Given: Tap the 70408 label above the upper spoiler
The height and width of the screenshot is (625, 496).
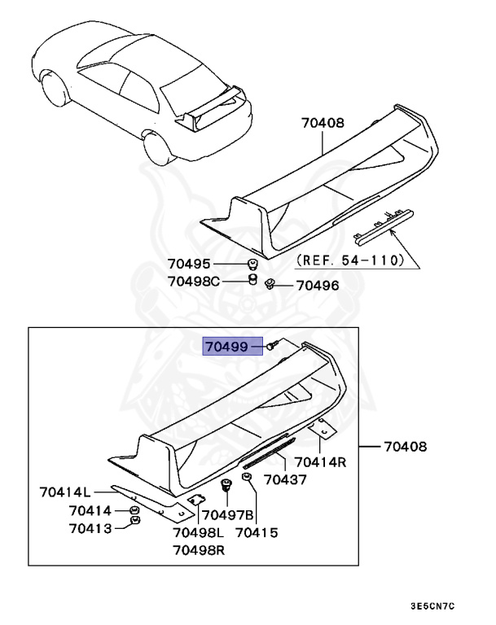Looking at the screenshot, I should [323, 123].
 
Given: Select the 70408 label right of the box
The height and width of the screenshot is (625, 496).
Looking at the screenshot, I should [406, 447].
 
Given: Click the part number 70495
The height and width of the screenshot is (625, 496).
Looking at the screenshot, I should [189, 264].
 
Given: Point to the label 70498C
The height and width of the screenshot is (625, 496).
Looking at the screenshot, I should [194, 282].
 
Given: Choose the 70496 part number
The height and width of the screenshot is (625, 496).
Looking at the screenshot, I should [317, 286].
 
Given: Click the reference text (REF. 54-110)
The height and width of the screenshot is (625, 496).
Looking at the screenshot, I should [350, 260].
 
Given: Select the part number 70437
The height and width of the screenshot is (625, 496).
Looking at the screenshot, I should [285, 479].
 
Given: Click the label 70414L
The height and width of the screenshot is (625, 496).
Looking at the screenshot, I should [64, 491].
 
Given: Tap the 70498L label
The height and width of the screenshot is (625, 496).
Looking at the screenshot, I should [199, 533].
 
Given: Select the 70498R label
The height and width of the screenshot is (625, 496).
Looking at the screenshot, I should [199, 550].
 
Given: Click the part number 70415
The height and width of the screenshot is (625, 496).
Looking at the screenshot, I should [257, 533].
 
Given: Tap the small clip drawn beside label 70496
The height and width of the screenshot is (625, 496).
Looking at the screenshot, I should [270, 283].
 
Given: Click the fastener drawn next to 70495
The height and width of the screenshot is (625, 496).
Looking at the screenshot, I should [253, 264].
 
